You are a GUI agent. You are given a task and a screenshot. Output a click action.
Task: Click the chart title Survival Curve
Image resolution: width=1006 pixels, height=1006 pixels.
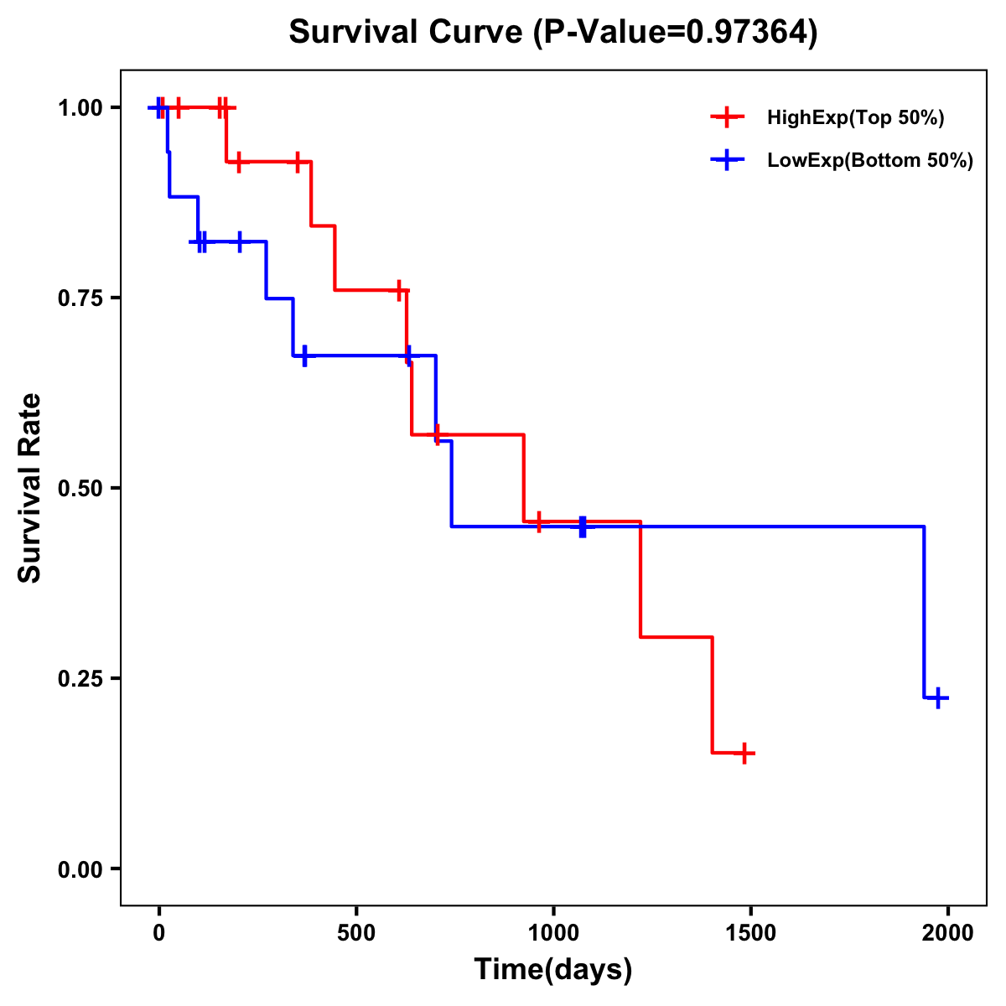tap(552, 33)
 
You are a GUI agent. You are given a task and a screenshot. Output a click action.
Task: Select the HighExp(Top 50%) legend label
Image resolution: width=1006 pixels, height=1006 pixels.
tap(855, 118)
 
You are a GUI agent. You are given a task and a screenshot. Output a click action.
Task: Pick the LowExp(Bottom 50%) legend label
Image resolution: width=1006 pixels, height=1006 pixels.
tap(870, 161)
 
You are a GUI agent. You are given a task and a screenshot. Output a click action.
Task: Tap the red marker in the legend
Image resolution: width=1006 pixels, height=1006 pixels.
tap(727, 117)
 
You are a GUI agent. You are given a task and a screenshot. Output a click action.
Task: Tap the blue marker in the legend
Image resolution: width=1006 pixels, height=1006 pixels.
tap(727, 160)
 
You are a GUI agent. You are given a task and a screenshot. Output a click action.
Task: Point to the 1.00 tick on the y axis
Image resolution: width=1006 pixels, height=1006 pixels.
tap(80, 108)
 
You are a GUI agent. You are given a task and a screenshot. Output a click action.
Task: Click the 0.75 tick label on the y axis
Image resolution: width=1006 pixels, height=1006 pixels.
tap(80, 298)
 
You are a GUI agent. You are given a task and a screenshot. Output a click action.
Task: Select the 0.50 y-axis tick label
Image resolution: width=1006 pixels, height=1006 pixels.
tap(80, 489)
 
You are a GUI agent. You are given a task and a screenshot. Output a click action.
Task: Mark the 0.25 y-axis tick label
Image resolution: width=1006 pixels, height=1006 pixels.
tap(80, 679)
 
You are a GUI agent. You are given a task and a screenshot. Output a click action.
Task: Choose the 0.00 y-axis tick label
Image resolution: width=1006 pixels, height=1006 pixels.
tap(80, 869)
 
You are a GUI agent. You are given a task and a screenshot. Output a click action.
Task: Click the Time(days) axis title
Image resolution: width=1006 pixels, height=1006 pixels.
tap(553, 970)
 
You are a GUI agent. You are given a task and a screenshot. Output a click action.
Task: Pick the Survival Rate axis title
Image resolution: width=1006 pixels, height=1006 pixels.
tap(30, 488)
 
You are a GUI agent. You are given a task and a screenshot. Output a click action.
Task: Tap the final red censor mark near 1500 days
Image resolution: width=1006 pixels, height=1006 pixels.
tap(744, 753)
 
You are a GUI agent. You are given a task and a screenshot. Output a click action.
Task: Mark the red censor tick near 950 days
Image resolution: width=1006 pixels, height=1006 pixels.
tap(539, 521)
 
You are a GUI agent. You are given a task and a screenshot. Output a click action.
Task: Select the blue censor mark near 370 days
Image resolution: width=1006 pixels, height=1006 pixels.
tap(304, 355)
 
